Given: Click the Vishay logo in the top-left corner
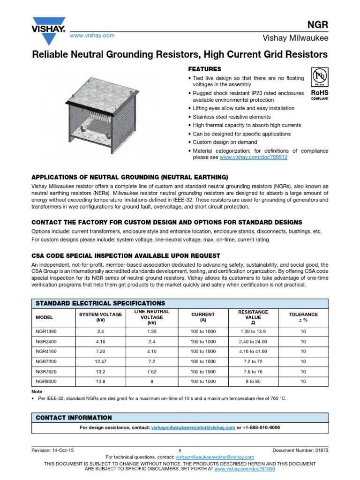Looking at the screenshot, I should [48, 27].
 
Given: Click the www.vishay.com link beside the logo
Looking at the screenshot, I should [92, 36].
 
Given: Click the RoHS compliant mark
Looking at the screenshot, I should [319, 95].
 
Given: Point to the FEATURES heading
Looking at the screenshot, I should [204, 69].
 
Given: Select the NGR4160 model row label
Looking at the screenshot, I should [46, 351].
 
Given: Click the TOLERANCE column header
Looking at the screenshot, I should [303, 317].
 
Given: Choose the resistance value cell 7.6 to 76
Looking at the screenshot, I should [253, 371].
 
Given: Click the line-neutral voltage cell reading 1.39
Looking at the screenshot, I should [151, 331].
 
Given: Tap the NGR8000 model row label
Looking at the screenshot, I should [46, 382].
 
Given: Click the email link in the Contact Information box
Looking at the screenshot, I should [193, 427].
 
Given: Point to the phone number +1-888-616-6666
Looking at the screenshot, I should [262, 427].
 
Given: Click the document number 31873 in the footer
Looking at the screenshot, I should [300, 450].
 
